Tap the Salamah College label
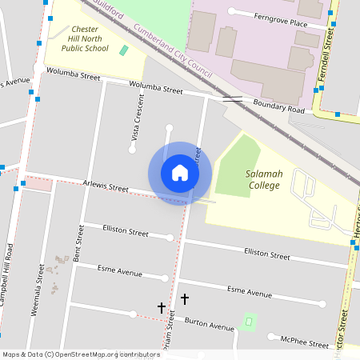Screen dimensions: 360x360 coord(264,179)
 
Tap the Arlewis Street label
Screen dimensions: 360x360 coord(106,187)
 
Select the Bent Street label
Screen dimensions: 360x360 coord(78,245)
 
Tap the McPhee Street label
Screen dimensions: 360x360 coord(304,342)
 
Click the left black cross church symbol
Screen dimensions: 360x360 coord(161,306)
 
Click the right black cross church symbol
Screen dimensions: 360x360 coord(185,298)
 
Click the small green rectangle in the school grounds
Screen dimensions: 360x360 coord(123,50)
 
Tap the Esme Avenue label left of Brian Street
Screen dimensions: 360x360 coord(119,271)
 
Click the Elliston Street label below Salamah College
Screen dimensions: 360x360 coord(266,254)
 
